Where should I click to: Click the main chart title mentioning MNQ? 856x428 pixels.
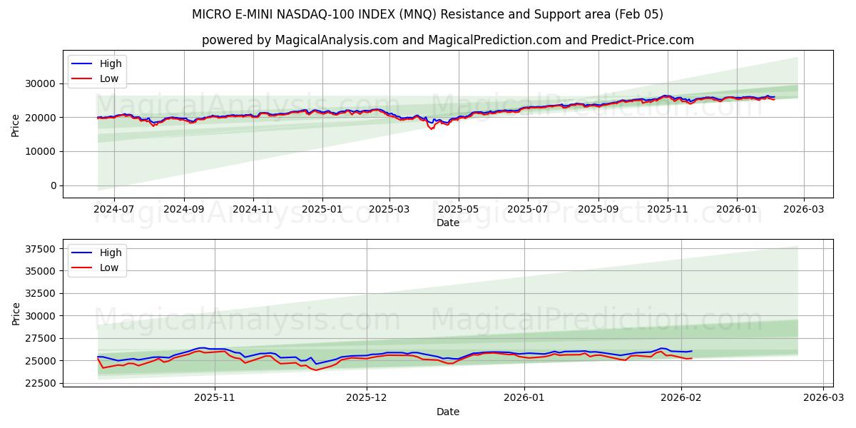427,14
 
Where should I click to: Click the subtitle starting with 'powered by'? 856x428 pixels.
447,40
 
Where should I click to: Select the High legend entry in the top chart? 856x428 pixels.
111,63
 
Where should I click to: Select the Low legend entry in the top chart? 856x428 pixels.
109,79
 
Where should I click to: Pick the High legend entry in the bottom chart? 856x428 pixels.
111,253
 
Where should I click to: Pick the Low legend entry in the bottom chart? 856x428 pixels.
109,267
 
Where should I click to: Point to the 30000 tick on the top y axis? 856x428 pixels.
42,83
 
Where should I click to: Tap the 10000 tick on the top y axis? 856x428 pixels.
42,151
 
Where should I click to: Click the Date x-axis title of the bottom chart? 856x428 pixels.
447,412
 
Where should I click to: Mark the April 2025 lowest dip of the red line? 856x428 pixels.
431,129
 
